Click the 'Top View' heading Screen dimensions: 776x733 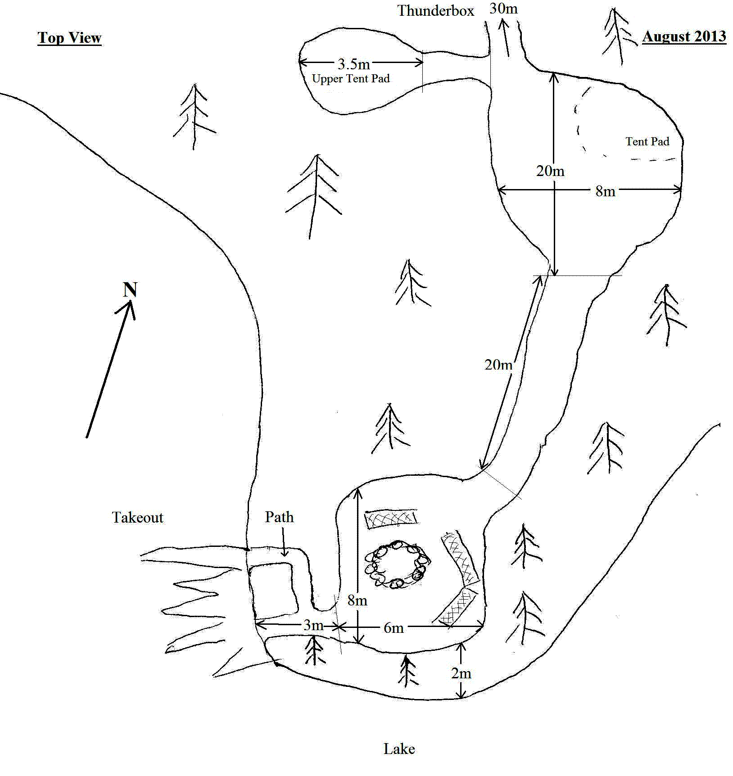(69, 38)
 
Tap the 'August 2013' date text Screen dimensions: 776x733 (684, 36)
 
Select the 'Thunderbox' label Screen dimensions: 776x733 (435, 11)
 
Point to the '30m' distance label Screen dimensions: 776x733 (503, 9)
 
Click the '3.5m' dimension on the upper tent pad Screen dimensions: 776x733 (353, 64)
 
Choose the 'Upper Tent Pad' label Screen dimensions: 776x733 (351, 79)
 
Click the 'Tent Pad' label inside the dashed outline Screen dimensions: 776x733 (647, 141)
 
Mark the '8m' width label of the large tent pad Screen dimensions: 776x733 (605, 191)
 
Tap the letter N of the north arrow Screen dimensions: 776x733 (130, 289)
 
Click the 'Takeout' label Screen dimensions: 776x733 (137, 518)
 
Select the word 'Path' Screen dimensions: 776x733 (279, 517)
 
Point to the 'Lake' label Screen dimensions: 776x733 (399, 749)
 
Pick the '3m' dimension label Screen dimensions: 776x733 (313, 625)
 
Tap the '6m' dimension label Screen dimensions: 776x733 (394, 628)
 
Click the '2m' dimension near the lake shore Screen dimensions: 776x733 (461, 673)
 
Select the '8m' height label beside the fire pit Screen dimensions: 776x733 (357, 600)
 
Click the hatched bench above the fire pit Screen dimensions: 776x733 (391, 519)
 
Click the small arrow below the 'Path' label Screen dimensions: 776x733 (284, 542)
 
